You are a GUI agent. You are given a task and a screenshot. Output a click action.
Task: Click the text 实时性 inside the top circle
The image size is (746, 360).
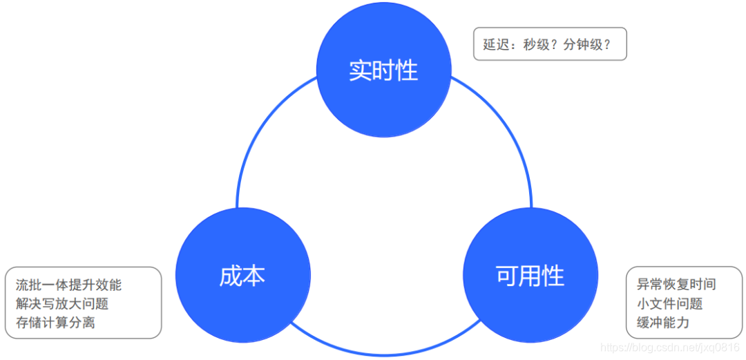click(383, 70)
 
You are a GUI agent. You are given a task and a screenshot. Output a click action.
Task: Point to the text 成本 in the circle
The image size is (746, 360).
click(242, 276)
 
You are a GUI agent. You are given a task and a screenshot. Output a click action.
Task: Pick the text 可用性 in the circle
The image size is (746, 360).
click(530, 276)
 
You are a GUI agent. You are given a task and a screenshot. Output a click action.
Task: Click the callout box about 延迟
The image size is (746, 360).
click(550, 44)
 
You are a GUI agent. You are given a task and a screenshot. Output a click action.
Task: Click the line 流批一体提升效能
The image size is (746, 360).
click(68, 285)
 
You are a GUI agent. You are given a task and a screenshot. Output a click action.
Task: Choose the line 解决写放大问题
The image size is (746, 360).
click(62, 303)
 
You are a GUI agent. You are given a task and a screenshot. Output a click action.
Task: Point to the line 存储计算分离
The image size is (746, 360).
click(55, 322)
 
